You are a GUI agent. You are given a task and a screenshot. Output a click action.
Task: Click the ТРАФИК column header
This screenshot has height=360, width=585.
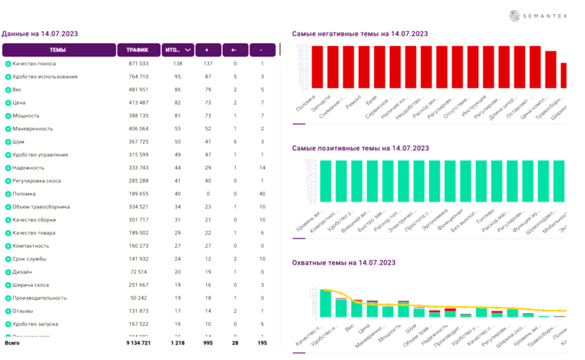pos(137,50)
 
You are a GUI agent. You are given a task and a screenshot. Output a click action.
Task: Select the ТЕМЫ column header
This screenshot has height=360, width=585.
pos(58,50)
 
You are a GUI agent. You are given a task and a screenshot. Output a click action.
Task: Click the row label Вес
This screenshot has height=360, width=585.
pos(17,90)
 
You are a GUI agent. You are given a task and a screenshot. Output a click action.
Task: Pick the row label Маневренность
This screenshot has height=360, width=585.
pos(33,129)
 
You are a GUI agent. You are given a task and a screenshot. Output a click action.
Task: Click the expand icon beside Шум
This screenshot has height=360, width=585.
pos(8,142)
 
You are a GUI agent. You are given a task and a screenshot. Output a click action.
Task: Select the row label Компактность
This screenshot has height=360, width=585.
pos(31,246)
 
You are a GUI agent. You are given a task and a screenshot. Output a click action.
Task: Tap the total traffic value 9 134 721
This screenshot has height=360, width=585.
pos(137,342)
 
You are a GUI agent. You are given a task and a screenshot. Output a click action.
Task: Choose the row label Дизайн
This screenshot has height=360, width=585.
pos(22,272)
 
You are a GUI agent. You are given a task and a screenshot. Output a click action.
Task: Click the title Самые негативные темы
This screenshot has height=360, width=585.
pos(360,34)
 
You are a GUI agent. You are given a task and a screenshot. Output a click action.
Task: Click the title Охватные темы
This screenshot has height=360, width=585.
pos(344,263)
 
